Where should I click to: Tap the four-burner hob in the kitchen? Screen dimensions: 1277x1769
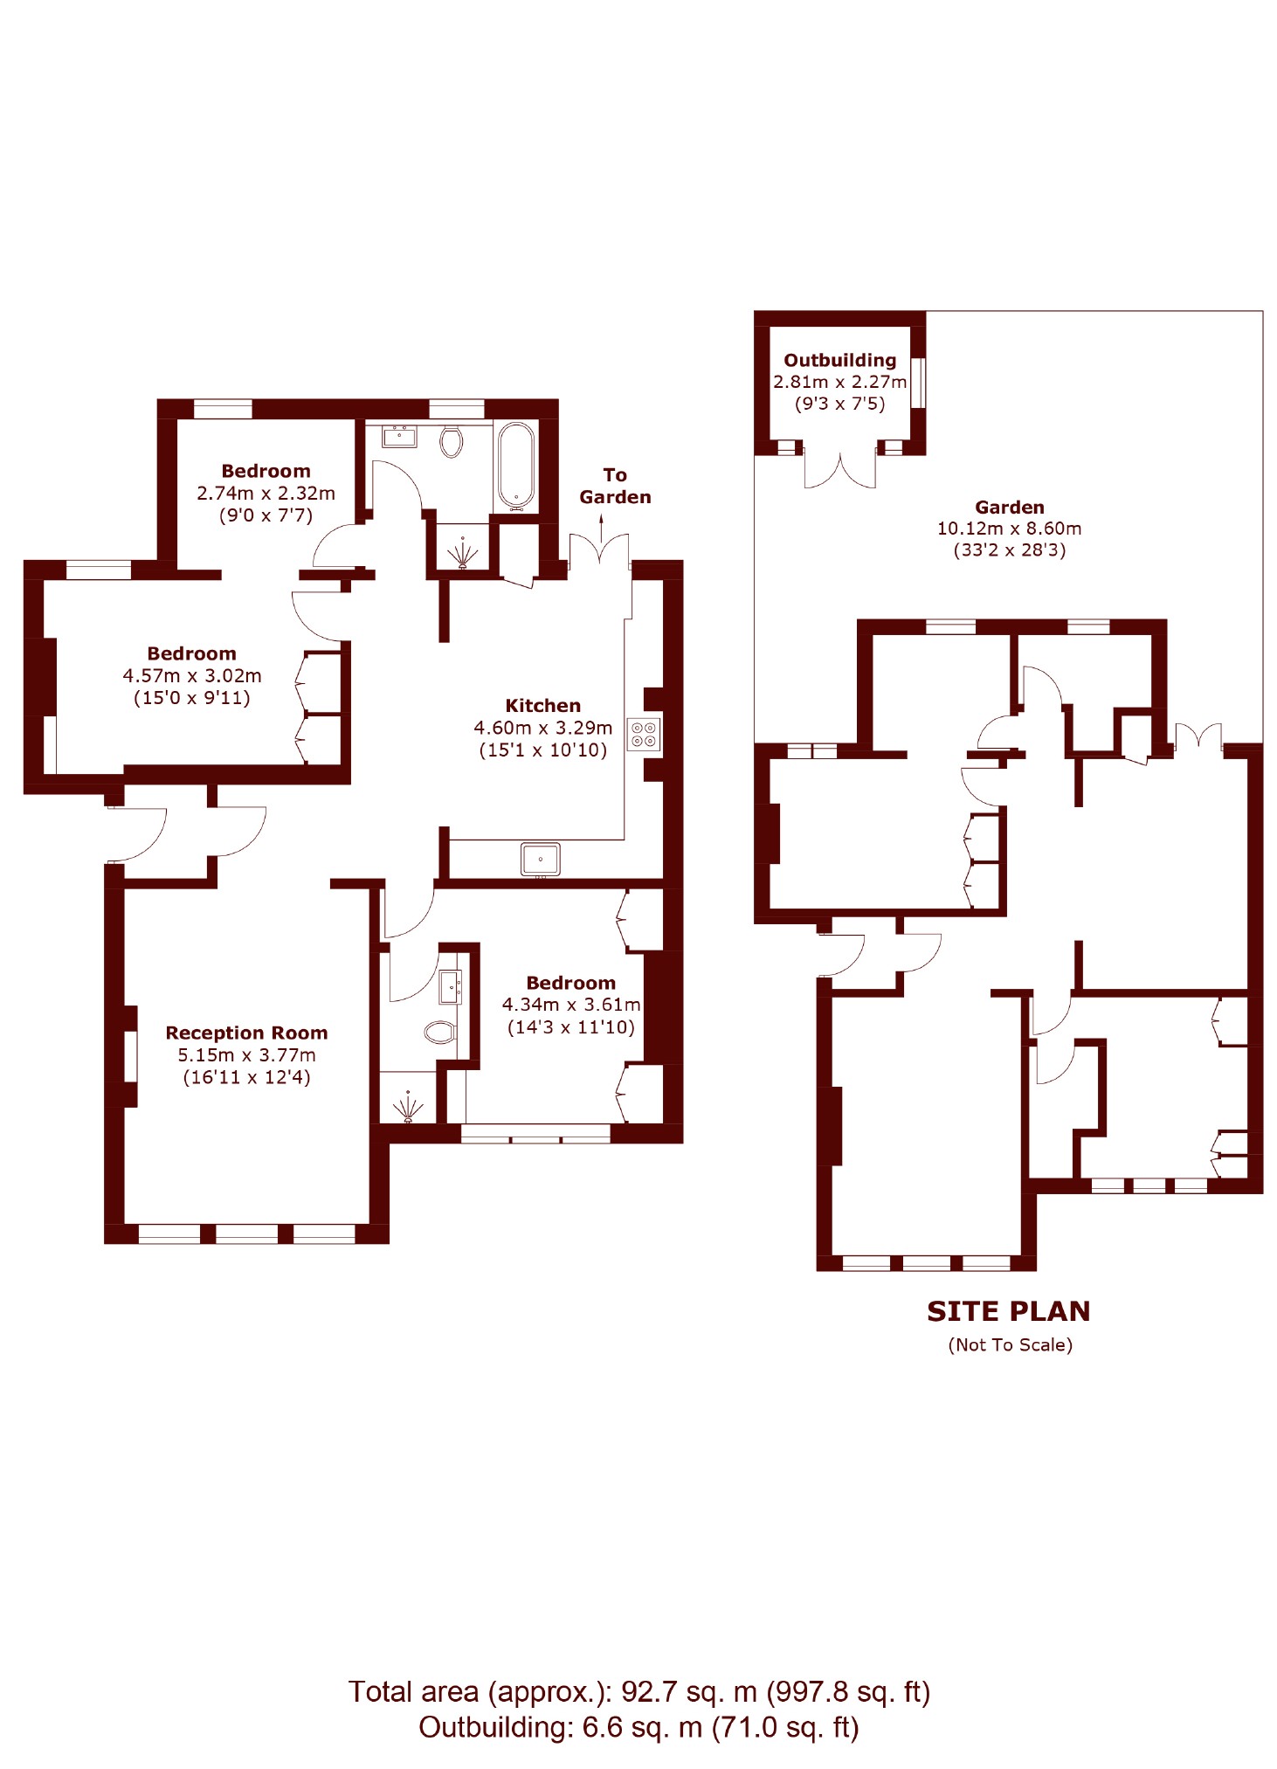pyautogui.click(x=643, y=734)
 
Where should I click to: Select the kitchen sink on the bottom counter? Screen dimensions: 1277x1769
pyautogui.click(x=540, y=859)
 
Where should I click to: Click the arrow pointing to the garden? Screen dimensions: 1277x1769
pyautogui.click(x=601, y=528)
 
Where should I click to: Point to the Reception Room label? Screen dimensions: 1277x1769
pyautogui.click(x=246, y=1033)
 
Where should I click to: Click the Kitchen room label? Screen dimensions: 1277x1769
pyautogui.click(x=542, y=705)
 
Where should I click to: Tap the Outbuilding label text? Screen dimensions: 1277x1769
pyautogui.click(x=839, y=360)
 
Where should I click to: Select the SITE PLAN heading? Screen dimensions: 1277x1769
pyautogui.click(x=1008, y=1310)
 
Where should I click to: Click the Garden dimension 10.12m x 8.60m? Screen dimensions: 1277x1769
pyautogui.click(x=1009, y=529)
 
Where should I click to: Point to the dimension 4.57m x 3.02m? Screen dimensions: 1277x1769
pyautogui.click(x=192, y=675)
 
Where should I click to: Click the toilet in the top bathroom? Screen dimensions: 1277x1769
pyautogui.click(x=451, y=441)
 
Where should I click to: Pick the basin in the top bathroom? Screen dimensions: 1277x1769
pyautogui.click(x=400, y=435)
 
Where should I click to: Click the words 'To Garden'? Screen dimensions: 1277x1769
pyautogui.click(x=615, y=486)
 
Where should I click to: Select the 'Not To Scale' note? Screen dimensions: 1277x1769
pyautogui.click(x=1010, y=1344)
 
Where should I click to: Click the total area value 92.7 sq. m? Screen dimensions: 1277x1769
pyautogui.click(x=688, y=1692)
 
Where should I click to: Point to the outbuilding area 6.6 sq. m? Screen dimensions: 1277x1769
pyautogui.click(x=642, y=1727)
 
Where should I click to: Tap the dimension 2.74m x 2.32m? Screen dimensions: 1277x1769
pyautogui.click(x=266, y=493)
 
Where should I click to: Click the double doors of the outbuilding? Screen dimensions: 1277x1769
pyautogui.click(x=839, y=469)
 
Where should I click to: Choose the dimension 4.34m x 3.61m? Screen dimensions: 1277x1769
pyautogui.click(x=571, y=1005)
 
